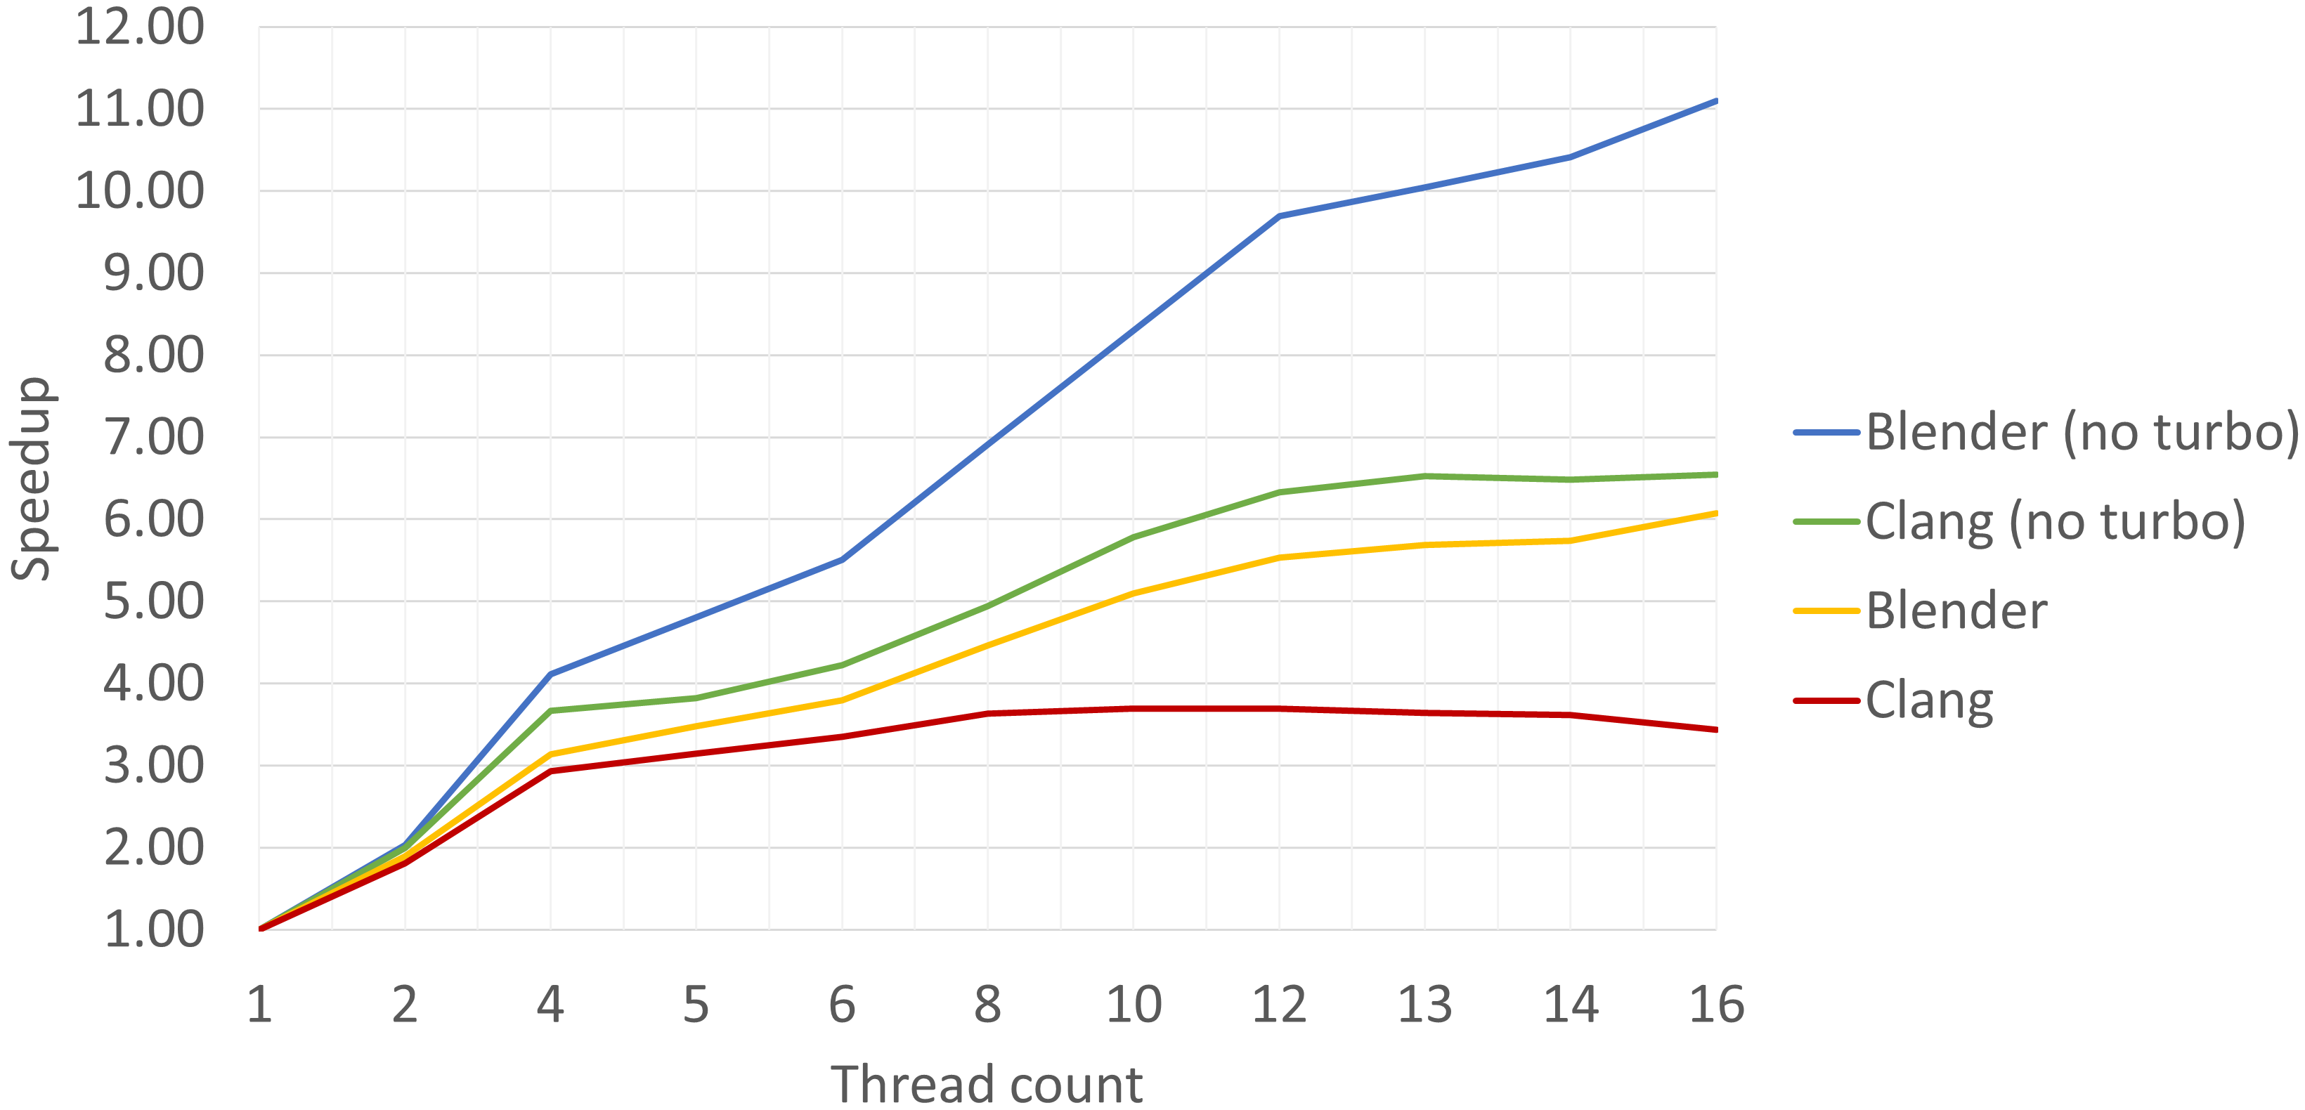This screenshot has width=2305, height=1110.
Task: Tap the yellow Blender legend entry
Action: (x=1956, y=611)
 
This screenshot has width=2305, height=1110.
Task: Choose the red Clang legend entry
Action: (x=1929, y=700)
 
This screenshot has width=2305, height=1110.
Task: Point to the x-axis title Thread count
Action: (x=986, y=1084)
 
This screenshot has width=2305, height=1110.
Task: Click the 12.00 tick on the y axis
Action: (x=140, y=27)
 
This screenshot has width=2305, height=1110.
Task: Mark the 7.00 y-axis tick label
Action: (x=153, y=438)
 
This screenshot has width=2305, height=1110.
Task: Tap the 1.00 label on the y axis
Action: (x=153, y=929)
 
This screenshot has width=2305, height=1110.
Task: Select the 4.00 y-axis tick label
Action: (x=153, y=684)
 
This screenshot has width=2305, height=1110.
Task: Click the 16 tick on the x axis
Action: (x=1715, y=1005)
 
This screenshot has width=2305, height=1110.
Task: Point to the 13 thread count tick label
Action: (x=1424, y=1005)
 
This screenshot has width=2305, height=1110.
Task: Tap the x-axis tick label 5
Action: (x=696, y=1005)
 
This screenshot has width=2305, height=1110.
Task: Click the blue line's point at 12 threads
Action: (x=1280, y=216)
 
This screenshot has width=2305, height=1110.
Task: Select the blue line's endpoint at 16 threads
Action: (x=1715, y=101)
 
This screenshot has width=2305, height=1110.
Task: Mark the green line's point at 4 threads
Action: (x=550, y=710)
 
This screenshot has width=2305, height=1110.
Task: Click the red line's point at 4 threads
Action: (x=550, y=771)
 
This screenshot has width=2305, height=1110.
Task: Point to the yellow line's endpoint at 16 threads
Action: (x=1715, y=514)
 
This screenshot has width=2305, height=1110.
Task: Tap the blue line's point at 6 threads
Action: (x=842, y=560)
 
